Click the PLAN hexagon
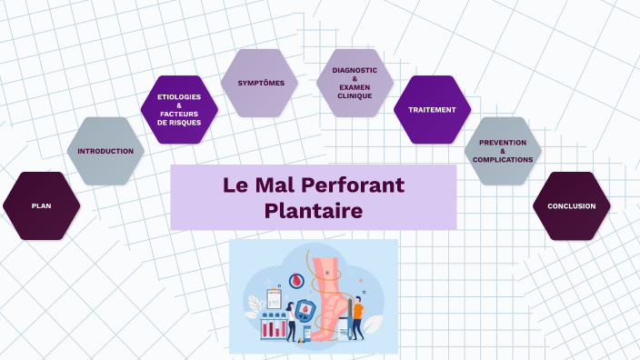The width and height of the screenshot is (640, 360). pos(41,206)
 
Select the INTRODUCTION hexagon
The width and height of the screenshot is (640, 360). pos(105,151)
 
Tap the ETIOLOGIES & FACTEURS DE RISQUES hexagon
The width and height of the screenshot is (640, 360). pos(179,110)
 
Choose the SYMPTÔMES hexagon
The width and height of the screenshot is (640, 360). pos(261,84)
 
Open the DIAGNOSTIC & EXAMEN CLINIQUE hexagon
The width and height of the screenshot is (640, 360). pos(355,84)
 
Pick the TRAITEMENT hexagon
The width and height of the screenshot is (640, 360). pos(432,110)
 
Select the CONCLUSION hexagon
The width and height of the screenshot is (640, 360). pos(571,206)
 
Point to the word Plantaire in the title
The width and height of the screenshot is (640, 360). pos(314,211)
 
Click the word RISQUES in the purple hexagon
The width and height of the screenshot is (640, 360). pos(179,123)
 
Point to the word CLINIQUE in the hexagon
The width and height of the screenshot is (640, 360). pos(355,95)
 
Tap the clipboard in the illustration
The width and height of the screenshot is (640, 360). pos(274,298)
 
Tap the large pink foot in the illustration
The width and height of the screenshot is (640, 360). pos(332,291)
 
